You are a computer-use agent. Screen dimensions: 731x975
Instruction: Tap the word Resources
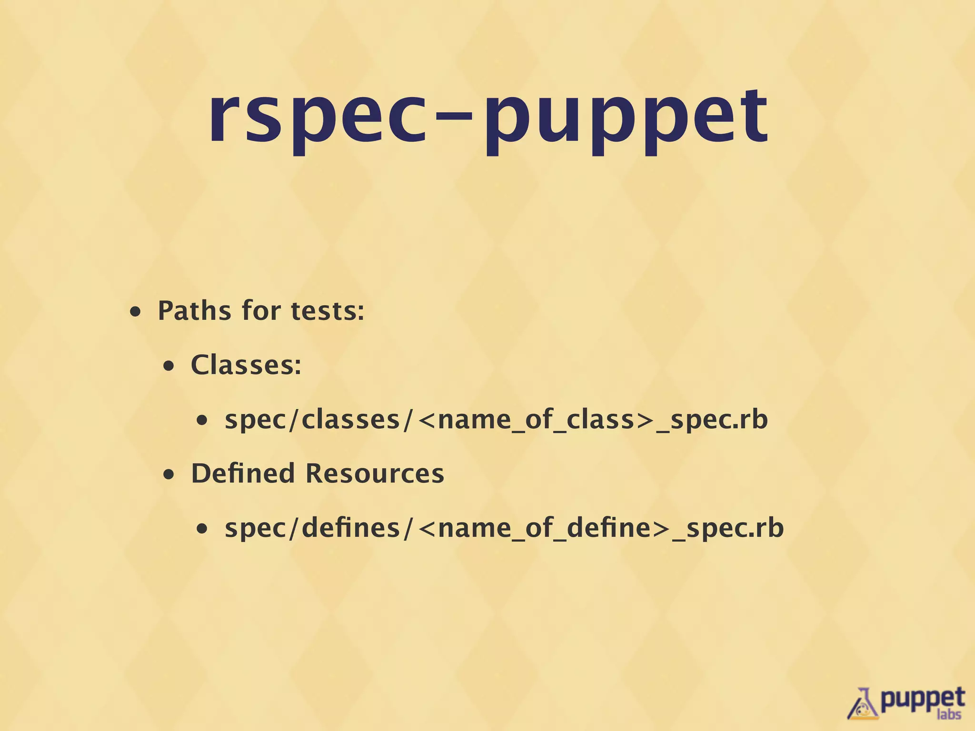[x=375, y=474]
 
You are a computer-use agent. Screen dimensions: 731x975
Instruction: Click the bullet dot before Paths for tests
[x=136, y=313]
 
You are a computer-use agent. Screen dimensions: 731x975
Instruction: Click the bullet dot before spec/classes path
[x=203, y=421]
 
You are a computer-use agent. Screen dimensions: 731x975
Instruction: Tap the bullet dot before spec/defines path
[x=203, y=529]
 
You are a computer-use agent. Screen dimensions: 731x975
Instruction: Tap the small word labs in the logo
[x=948, y=714]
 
